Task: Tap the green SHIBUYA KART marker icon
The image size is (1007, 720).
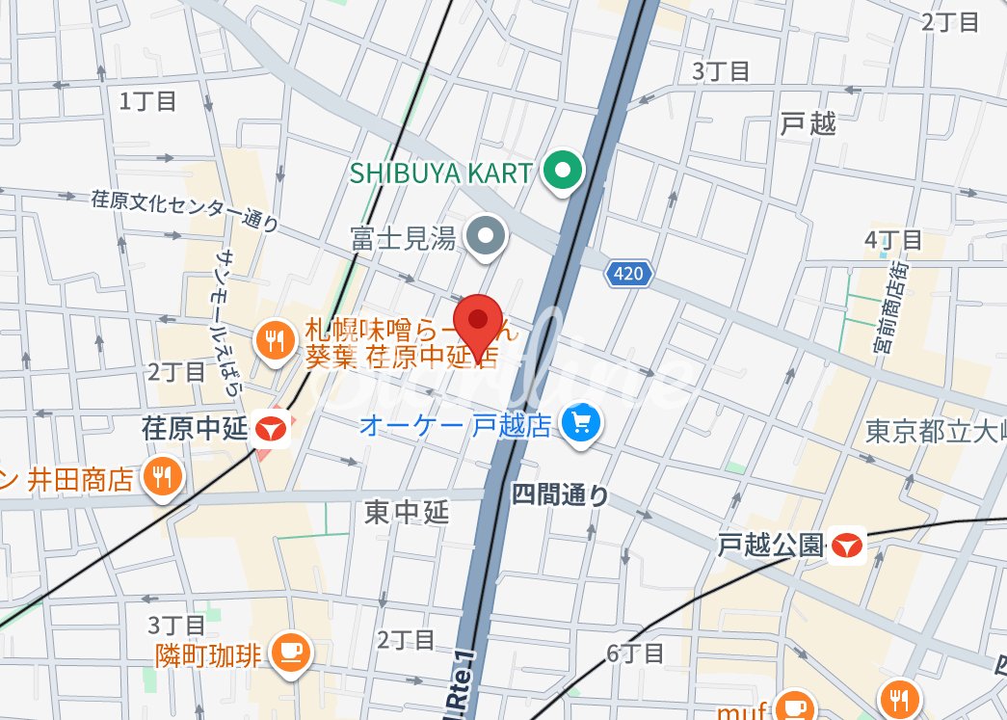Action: [563, 173]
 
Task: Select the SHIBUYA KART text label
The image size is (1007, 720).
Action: [440, 173]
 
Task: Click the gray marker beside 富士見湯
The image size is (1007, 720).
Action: [486, 236]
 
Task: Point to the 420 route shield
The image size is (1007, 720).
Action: [627, 275]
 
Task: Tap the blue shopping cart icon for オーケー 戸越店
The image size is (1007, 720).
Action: [581, 423]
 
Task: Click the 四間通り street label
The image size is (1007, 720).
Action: [560, 495]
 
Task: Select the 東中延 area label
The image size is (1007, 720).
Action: [407, 513]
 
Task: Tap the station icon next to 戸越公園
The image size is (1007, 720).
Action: [847, 547]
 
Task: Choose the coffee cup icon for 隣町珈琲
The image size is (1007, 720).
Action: [290, 653]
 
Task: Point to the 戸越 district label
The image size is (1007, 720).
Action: [808, 123]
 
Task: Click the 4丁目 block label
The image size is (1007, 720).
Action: [893, 240]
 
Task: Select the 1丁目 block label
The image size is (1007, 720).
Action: [147, 100]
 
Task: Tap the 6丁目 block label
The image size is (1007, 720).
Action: [635, 653]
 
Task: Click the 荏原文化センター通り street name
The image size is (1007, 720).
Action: [185, 211]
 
